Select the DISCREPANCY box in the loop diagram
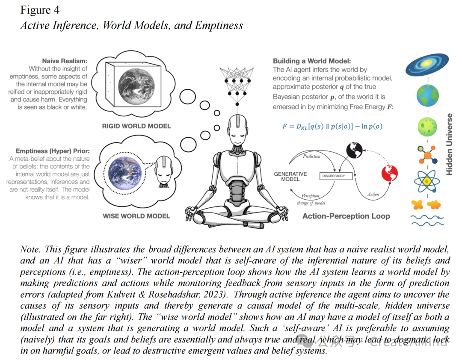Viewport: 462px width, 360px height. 338,175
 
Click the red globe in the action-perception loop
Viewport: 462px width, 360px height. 389,174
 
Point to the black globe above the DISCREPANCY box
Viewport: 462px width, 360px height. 355,150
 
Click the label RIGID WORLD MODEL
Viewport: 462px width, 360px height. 136,126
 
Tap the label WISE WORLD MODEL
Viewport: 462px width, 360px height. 136,216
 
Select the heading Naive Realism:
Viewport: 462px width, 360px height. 65,61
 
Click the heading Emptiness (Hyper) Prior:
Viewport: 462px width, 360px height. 53,151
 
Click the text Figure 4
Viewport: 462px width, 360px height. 40,10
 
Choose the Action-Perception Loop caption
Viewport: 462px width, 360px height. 346,216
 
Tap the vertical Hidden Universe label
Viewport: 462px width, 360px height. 449,144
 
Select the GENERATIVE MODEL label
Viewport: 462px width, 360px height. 290,177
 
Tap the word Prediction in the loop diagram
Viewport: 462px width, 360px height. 311,156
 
